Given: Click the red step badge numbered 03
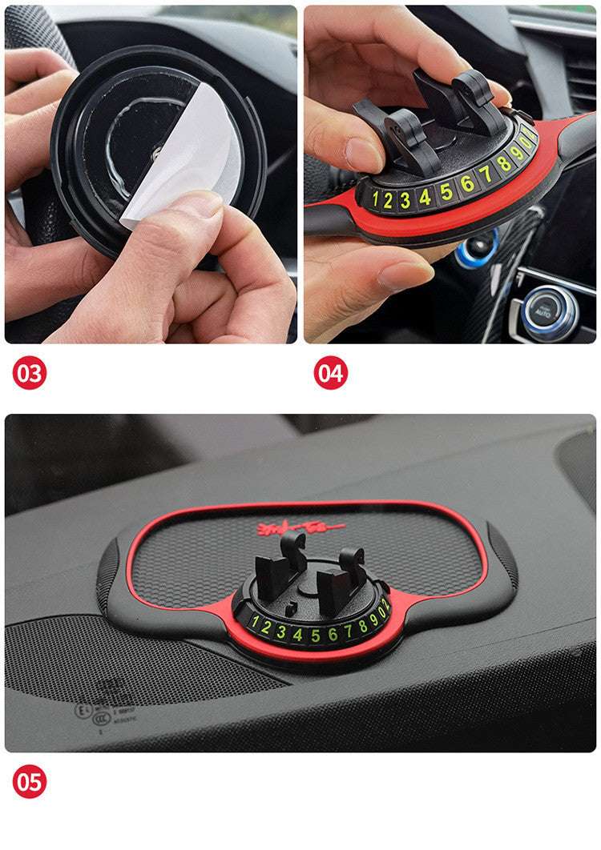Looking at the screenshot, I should [30, 374].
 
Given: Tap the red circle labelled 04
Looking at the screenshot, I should [330, 374].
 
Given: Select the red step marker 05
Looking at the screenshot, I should [30, 782].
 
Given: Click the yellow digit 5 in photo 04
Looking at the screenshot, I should [446, 191].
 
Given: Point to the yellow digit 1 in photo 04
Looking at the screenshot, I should [374, 199].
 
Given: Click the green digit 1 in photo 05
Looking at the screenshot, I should [255, 623].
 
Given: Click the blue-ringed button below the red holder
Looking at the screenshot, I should [478, 247].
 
